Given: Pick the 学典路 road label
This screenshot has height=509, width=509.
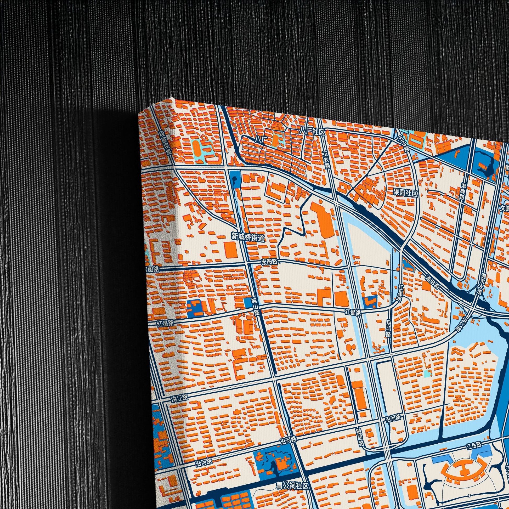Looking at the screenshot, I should (463, 192).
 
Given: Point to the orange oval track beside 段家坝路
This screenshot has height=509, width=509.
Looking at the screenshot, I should (196, 149).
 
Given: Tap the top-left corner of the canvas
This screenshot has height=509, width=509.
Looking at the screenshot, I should (139, 114).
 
